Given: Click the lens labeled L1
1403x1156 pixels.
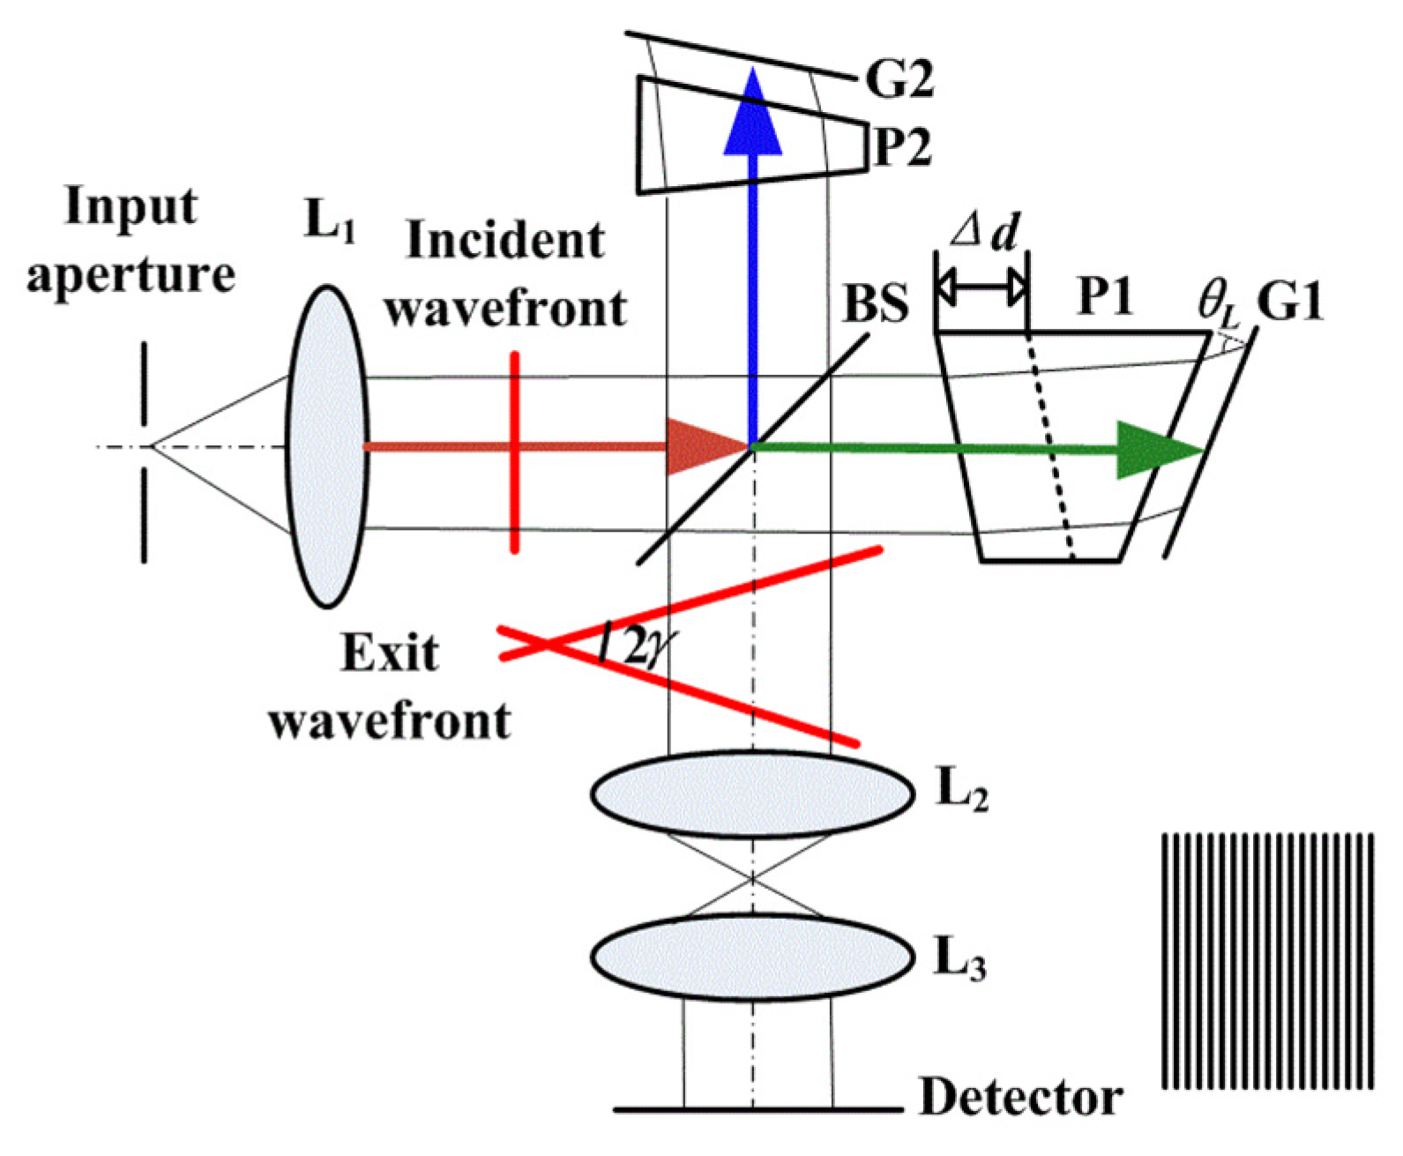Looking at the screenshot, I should [327, 446].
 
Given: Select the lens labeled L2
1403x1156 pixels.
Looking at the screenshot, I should [752, 793].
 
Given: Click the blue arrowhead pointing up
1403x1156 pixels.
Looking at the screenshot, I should [753, 115].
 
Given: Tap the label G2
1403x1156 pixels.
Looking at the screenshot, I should [899, 79].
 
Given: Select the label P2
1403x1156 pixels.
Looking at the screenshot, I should [901, 146].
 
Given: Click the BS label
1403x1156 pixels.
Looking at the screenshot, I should [876, 302].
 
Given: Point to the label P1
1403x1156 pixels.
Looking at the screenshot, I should [1105, 297].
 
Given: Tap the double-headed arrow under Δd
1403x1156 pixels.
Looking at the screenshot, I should [981, 287].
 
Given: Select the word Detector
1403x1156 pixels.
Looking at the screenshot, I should [1020, 1098].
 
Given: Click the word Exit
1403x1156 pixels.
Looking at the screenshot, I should [390, 653].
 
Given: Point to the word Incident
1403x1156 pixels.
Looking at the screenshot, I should [505, 241].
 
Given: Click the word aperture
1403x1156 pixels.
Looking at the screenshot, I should [131, 274].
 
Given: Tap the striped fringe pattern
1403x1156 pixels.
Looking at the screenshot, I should [1268, 960].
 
